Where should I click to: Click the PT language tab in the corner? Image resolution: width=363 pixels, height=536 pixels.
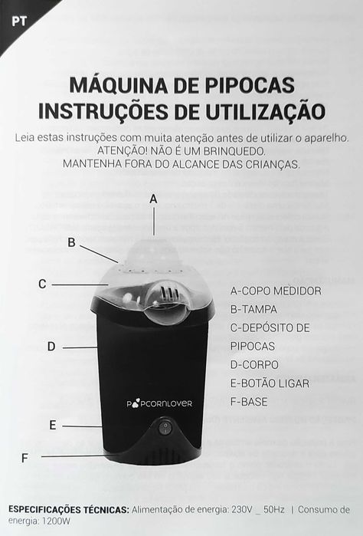[17, 19]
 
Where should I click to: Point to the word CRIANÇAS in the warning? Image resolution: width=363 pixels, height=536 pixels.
[266, 164]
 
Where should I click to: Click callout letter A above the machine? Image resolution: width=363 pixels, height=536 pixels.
[153, 198]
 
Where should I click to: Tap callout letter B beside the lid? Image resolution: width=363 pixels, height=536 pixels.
[71, 242]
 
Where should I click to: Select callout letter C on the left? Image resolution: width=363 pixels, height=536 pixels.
[43, 284]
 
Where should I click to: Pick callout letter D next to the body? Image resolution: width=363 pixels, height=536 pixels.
[51, 347]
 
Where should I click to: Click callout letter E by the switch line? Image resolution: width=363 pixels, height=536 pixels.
[52, 425]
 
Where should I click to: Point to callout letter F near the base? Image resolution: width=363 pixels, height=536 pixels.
[25, 458]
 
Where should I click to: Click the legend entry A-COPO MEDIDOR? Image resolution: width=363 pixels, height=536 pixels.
[275, 291]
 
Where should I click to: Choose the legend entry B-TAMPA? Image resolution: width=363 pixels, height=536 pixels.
[253, 309]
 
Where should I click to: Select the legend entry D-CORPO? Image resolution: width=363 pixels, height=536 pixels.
[254, 364]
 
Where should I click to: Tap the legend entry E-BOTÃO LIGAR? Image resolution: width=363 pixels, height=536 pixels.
[270, 383]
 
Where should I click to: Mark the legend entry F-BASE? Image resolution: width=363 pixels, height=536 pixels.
[249, 401]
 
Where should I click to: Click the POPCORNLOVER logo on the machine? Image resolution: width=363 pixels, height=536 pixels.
[159, 403]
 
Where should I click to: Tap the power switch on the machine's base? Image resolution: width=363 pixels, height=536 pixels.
[163, 427]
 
